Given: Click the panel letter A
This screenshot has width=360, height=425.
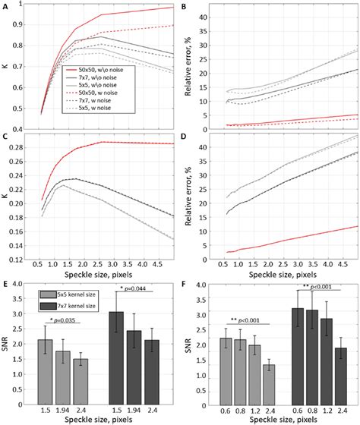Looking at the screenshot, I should pos(5,6).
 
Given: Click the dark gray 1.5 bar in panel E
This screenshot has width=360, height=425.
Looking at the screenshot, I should pos(115,350).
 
